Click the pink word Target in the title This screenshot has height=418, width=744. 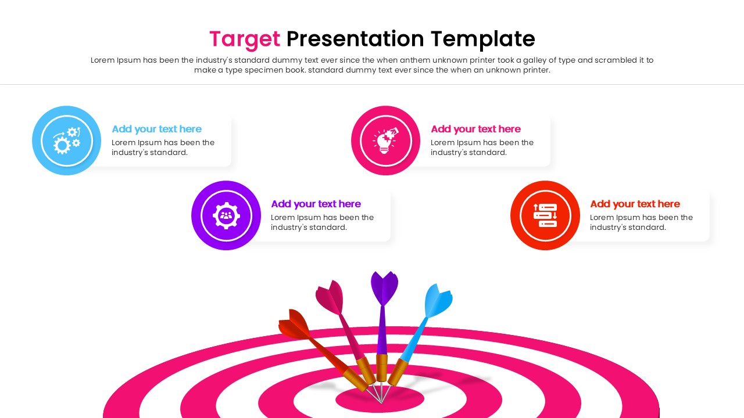pyautogui.click(x=244, y=39)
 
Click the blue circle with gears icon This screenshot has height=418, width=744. pyautogui.click(x=67, y=140)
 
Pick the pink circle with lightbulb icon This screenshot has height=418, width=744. pyautogui.click(x=385, y=140)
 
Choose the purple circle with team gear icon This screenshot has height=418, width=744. pyautogui.click(x=226, y=215)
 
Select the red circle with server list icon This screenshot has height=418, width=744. pyautogui.click(x=545, y=215)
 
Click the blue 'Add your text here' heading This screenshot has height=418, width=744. pyautogui.click(x=156, y=129)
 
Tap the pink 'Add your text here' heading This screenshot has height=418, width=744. pyautogui.click(x=475, y=129)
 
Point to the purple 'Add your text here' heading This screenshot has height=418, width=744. pyautogui.click(x=316, y=204)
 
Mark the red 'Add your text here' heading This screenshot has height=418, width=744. pyautogui.click(x=635, y=204)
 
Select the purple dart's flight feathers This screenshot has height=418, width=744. pyautogui.click(x=384, y=287)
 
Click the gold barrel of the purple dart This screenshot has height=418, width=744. pyautogui.click(x=381, y=367)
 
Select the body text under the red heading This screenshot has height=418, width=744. pyautogui.click(x=641, y=222)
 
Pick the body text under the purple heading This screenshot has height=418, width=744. pyautogui.click(x=322, y=222)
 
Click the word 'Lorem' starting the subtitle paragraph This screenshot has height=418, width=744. pyautogui.click(x=103, y=60)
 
